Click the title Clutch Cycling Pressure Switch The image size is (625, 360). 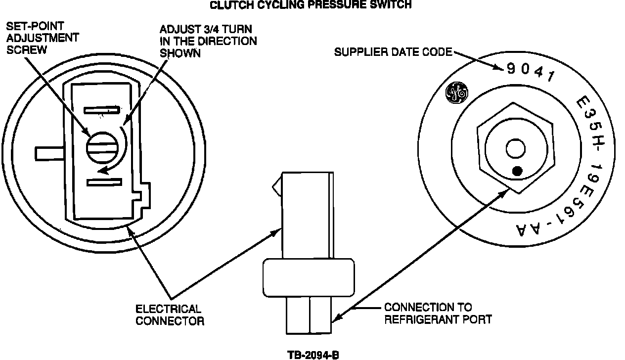(x=311, y=5)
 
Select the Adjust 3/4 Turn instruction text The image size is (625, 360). (x=208, y=42)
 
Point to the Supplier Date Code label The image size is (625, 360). (x=393, y=52)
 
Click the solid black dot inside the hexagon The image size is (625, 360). (x=517, y=171)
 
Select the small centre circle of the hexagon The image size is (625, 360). (x=516, y=148)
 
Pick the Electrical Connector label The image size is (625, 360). (x=169, y=315)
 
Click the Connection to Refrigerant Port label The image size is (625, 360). (x=438, y=313)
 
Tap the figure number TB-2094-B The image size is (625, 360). (x=313, y=355)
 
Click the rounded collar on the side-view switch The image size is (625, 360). (x=309, y=277)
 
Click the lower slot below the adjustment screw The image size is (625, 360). (x=104, y=182)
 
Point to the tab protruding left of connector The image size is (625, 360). (x=48, y=153)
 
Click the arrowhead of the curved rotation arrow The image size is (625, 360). (x=101, y=171)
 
